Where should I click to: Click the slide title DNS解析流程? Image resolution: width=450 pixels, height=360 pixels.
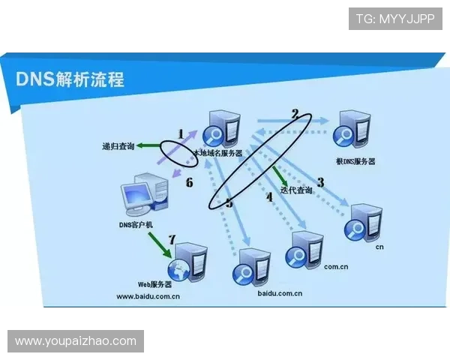(x=70, y=79)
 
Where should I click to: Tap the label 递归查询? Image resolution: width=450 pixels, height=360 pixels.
(x=118, y=146)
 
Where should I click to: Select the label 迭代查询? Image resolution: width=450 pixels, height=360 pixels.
(x=296, y=190)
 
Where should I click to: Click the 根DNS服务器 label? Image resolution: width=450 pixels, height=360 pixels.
(x=355, y=161)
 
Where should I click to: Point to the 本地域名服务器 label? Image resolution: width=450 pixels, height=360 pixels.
(x=218, y=153)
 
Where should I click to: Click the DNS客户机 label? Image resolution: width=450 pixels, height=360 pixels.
(x=136, y=225)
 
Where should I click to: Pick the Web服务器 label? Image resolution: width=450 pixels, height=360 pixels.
(x=154, y=284)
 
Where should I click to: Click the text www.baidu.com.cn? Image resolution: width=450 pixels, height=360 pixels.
(x=148, y=296)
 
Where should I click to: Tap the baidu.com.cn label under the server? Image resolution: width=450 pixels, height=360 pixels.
(x=280, y=293)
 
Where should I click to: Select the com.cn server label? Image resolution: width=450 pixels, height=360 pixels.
(x=336, y=267)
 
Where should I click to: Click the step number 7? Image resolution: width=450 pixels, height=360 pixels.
(x=172, y=239)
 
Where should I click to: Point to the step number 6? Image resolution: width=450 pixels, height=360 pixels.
(x=190, y=182)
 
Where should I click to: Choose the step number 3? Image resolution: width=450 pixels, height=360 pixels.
(x=320, y=182)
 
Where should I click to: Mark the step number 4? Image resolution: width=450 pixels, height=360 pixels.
(x=269, y=197)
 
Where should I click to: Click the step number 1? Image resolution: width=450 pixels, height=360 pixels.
(x=181, y=133)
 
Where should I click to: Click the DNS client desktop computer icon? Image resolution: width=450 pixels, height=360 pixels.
(x=144, y=194)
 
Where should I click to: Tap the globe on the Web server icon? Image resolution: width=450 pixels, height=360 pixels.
(x=178, y=270)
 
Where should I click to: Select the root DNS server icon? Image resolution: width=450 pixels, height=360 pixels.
(x=352, y=130)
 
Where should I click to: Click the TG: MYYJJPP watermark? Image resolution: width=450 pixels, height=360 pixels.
(x=395, y=19)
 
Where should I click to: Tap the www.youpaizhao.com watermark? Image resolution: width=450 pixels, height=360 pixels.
(x=76, y=341)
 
